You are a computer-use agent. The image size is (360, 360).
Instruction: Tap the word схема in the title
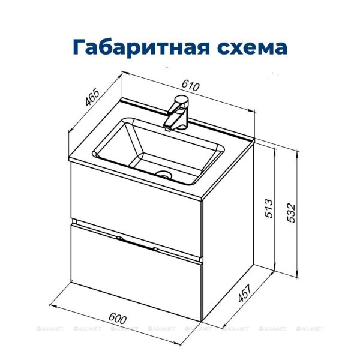tap(245, 46)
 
